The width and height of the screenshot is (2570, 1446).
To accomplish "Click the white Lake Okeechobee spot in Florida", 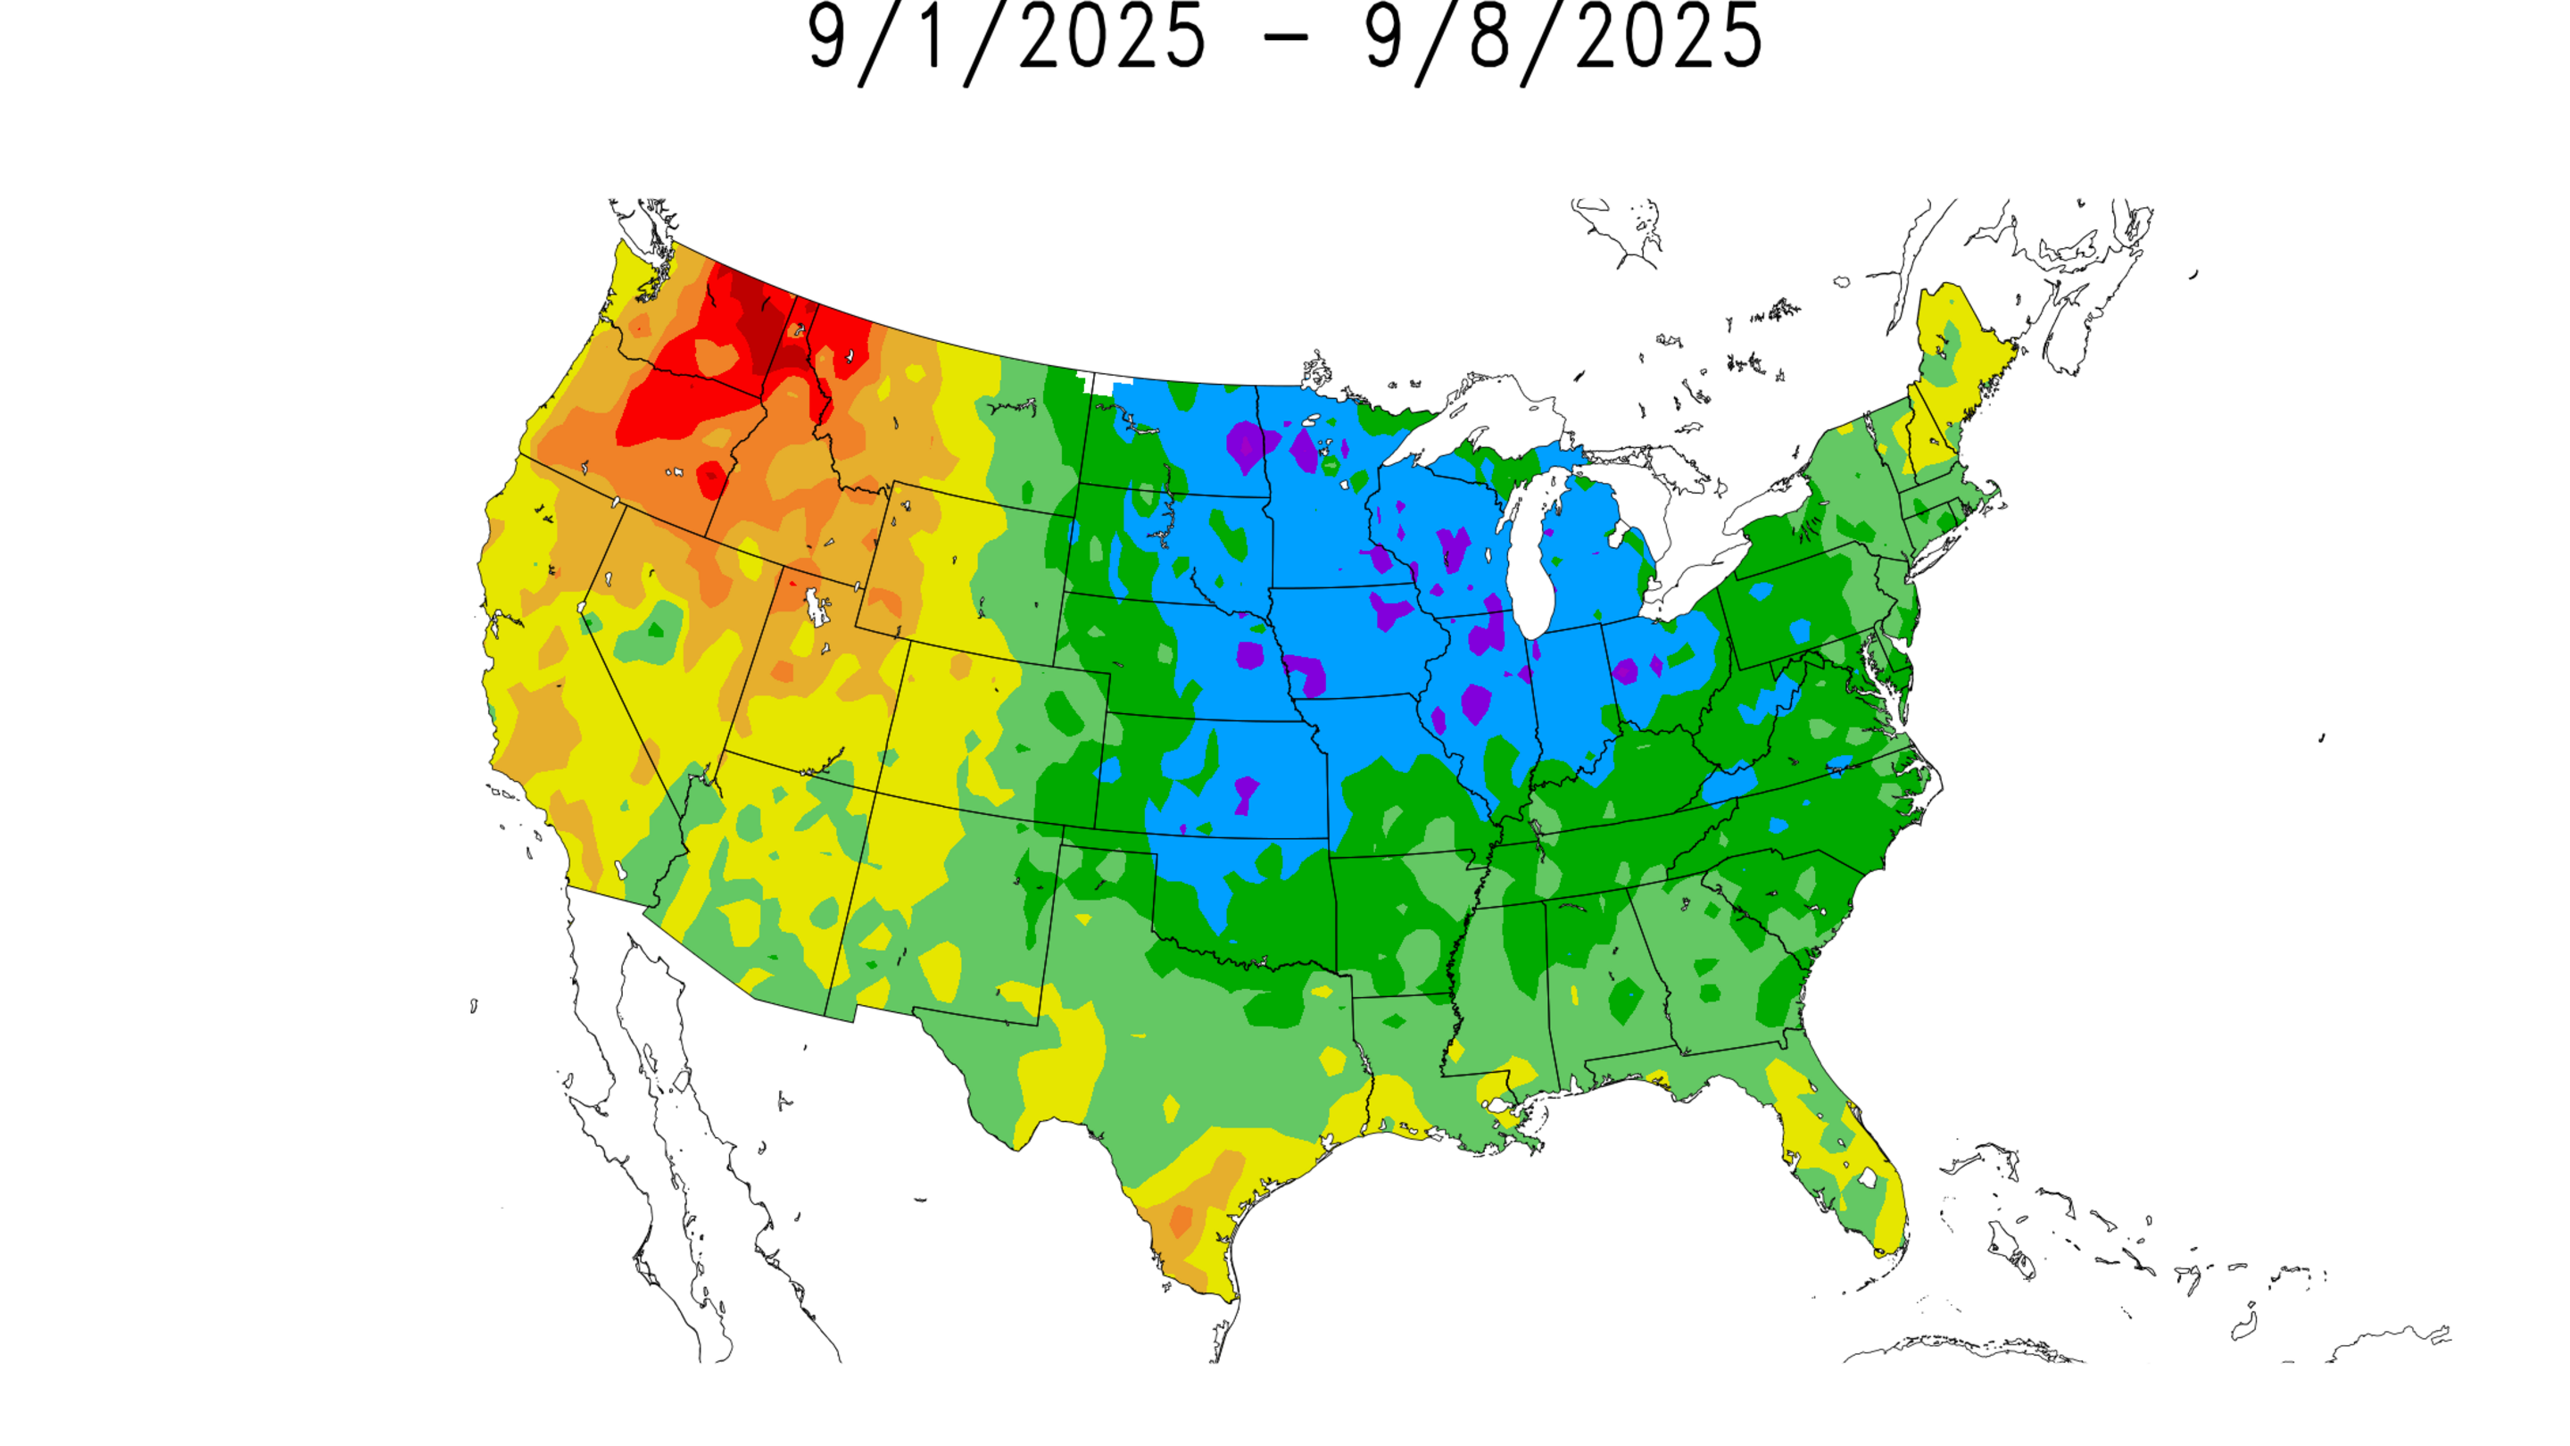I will (1867, 1179).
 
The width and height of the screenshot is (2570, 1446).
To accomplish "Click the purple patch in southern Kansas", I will (1246, 793).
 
